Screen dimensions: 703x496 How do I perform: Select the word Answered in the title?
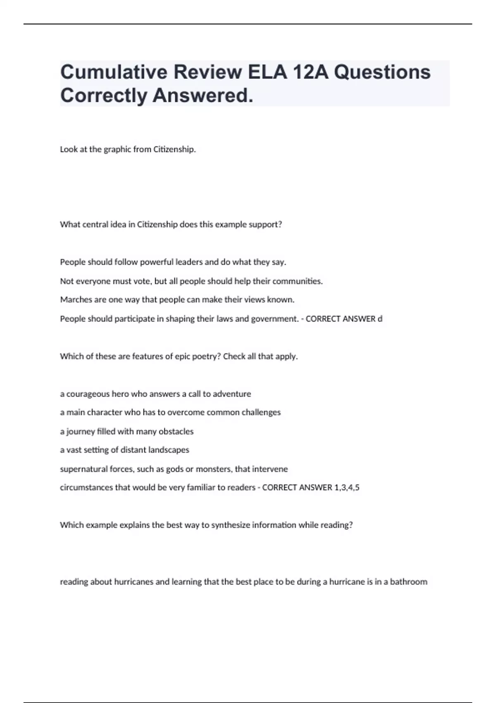coord(203,96)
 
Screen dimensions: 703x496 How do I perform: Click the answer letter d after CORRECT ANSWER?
coord(380,319)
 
